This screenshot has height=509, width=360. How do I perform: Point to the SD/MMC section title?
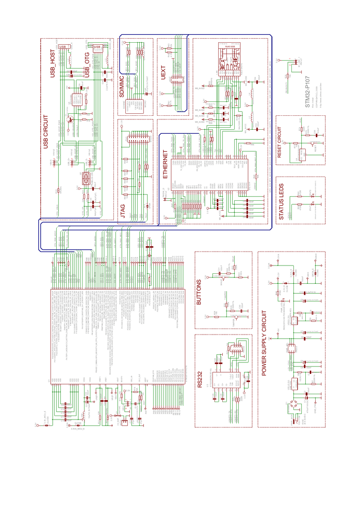[x=123, y=86]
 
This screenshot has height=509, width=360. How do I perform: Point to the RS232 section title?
[x=199, y=379]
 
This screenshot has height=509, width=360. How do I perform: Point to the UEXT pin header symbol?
[x=176, y=80]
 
